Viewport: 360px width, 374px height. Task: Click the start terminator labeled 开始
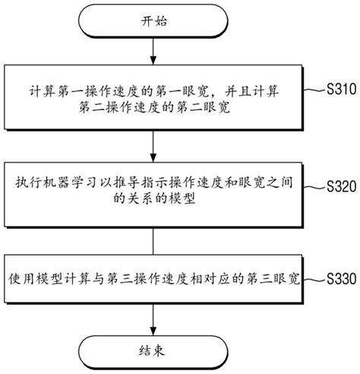click(x=154, y=20)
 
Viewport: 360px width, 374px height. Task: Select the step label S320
click(x=340, y=185)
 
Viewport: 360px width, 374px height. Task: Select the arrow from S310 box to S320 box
click(x=154, y=144)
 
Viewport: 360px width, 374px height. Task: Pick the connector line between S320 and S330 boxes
click(x=154, y=241)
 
